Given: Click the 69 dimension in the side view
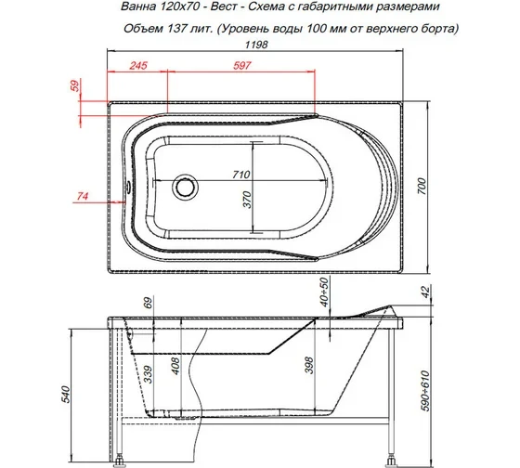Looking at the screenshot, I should tap(148, 302).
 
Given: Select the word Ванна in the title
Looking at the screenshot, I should tap(130, 8).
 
